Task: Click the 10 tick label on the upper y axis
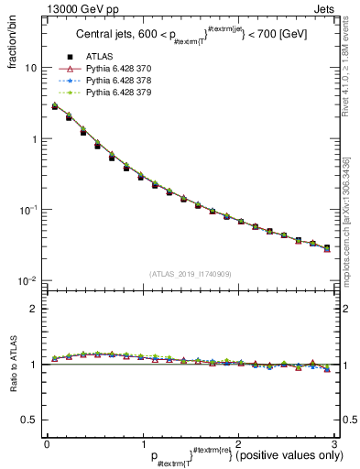31,68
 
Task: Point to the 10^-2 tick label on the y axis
28,280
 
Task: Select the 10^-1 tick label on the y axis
28,210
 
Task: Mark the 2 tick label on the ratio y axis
35,309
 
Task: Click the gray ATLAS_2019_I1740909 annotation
190,274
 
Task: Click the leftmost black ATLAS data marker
55,107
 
